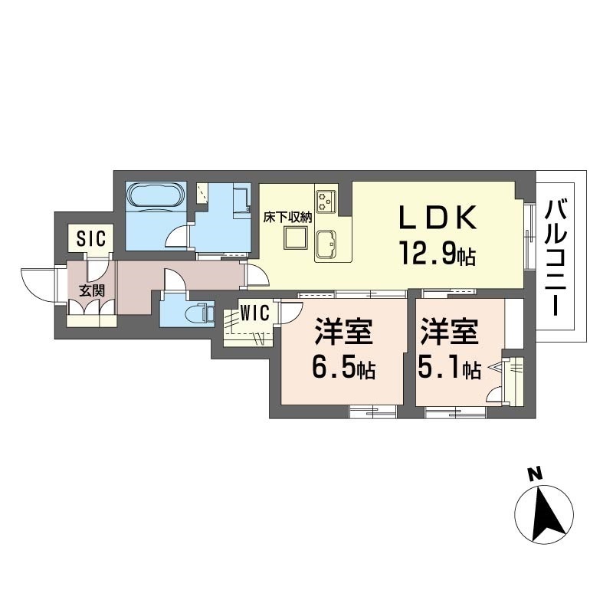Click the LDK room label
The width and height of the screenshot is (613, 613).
[438, 217]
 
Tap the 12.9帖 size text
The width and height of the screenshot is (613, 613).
[438, 253]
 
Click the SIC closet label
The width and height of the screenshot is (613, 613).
[91, 238]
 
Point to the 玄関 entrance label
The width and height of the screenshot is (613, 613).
[92, 291]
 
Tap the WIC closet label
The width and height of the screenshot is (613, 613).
[254, 313]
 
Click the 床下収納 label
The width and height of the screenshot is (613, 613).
[288, 218]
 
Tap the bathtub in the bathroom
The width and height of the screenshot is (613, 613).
[156, 195]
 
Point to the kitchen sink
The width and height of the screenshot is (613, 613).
[325, 244]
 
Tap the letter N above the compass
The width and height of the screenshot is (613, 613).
[536, 474]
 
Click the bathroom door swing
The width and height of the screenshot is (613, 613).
[177, 237]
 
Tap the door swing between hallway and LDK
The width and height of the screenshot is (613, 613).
[257, 276]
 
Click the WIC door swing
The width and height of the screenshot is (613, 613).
[290, 312]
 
